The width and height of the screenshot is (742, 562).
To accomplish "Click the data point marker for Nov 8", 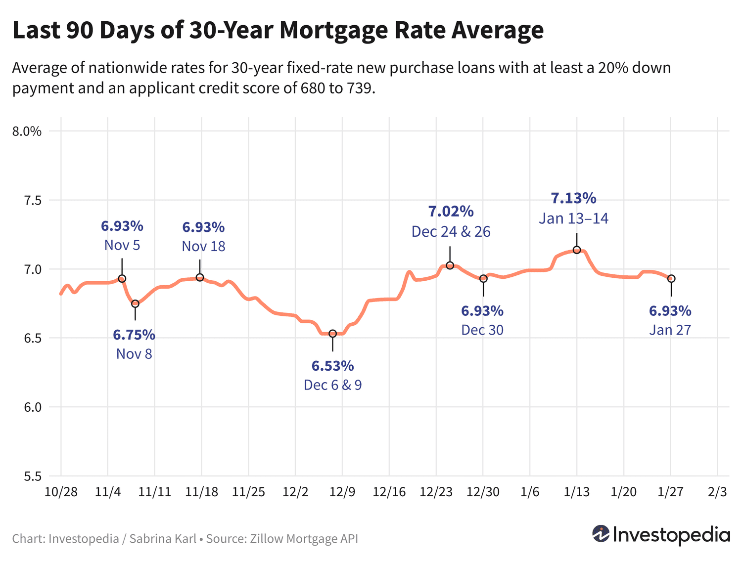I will pos(135,303).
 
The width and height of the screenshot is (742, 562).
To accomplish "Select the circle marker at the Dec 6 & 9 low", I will pos(333,334).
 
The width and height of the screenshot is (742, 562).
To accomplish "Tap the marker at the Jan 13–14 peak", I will pos(577,250).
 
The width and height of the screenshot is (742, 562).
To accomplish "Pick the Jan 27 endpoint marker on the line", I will pos(671,279).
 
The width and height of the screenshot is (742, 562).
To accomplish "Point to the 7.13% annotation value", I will pos(574,199).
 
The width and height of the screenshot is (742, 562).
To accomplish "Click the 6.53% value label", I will pos(332,366).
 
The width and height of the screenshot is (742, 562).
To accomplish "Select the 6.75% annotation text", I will pos(134,335).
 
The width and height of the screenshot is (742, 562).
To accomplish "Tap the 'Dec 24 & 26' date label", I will pos(451,232).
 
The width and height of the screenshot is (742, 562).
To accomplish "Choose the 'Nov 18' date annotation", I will pos(203,246).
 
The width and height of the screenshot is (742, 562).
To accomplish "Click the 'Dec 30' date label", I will pos(482,330).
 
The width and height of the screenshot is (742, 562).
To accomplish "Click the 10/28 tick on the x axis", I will pos(61,492).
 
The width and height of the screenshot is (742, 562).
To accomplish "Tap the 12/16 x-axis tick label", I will pos(389,492).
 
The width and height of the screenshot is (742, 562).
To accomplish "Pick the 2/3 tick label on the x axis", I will pos(717,492).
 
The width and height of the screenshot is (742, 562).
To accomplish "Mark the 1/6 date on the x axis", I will pos(530,492).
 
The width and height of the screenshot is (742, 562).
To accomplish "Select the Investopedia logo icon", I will pos(601,534).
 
